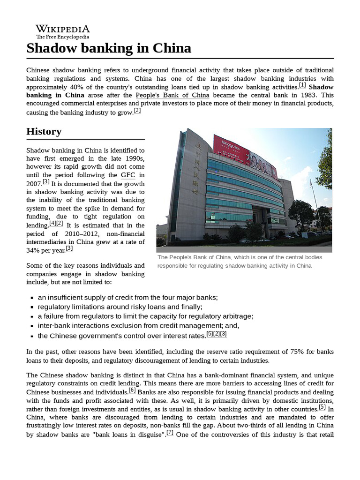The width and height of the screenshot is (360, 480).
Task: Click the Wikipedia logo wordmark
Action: tap(62, 29)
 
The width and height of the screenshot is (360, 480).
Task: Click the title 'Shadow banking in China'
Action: tap(109, 48)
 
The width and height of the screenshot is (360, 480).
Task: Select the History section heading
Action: tap(44, 132)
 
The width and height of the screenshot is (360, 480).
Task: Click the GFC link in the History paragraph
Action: tap(128, 175)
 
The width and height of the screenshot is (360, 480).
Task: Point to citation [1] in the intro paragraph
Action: tap(302, 85)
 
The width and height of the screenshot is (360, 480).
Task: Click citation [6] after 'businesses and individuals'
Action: tap(132, 390)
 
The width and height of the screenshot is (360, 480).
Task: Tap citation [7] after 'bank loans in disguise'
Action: tap(170, 433)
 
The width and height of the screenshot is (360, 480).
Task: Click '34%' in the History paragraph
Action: tap(32, 251)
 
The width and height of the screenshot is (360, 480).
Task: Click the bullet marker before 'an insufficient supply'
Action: tap(31, 298)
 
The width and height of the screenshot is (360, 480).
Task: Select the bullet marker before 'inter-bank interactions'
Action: tap(31, 326)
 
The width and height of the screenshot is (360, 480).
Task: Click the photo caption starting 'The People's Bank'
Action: tap(240, 261)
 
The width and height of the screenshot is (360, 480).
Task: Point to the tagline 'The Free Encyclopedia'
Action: tap(62, 37)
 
